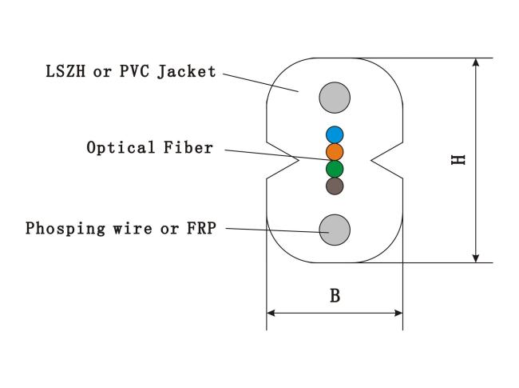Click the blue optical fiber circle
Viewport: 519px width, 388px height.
(335, 134)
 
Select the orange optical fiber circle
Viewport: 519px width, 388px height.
(335, 152)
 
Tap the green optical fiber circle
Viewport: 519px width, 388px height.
(335, 169)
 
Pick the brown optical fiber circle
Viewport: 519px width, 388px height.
(335, 186)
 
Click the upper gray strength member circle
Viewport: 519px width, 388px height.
(335, 98)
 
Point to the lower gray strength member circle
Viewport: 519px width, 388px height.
(335, 230)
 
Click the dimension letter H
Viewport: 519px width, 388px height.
(458, 160)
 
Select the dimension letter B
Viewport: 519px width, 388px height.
(335, 295)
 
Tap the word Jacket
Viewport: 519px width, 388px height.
(187, 72)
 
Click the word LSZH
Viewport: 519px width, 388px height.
(65, 71)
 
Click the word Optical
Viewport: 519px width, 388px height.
(121, 148)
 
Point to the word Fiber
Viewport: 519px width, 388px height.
(188, 147)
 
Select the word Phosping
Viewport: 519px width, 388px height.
(65, 229)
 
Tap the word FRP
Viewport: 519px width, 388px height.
(201, 228)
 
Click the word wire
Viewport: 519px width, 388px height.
(133, 228)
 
